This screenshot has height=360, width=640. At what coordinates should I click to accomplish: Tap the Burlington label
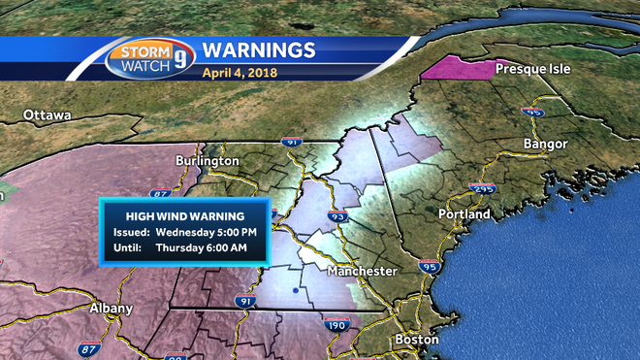207,160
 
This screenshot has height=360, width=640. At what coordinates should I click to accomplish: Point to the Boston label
417,340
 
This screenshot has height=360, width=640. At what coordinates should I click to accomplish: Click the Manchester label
362,271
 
